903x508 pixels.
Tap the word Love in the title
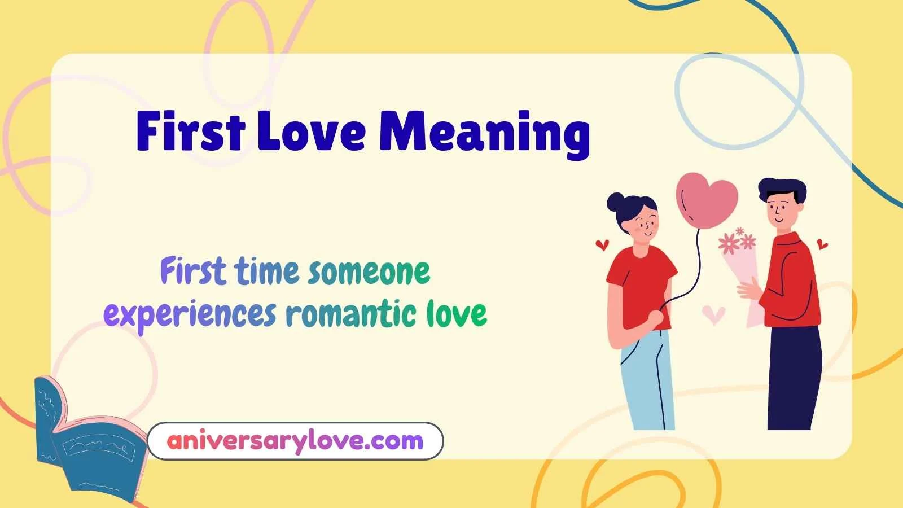tap(311, 130)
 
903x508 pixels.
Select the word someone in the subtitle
tap(369, 271)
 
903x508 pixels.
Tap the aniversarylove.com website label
tap(295, 441)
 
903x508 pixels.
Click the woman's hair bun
tap(616, 202)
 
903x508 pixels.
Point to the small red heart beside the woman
tap(602, 244)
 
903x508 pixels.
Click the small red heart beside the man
tap(822, 244)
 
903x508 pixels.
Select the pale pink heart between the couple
tap(713, 314)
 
